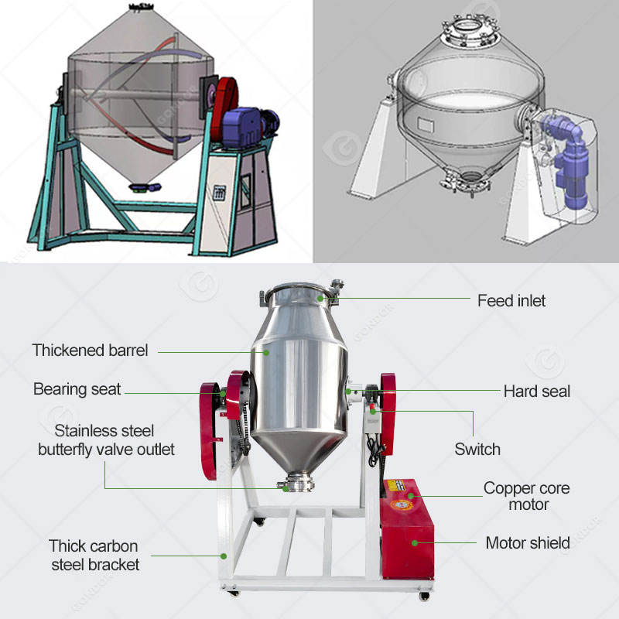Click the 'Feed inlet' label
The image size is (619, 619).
coord(511,300)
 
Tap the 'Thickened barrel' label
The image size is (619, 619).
coord(90,351)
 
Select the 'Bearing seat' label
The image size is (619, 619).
coord(77,389)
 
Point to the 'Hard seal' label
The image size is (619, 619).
coord(536,391)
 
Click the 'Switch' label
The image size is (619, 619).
coord(477,449)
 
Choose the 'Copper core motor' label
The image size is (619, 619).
coord(526,496)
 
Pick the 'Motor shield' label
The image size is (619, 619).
coord(527,542)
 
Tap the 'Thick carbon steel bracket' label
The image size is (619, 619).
coord(94,555)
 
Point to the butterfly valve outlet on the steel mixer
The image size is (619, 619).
coord(296,485)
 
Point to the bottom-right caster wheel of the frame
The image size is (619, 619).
coord(422,596)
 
